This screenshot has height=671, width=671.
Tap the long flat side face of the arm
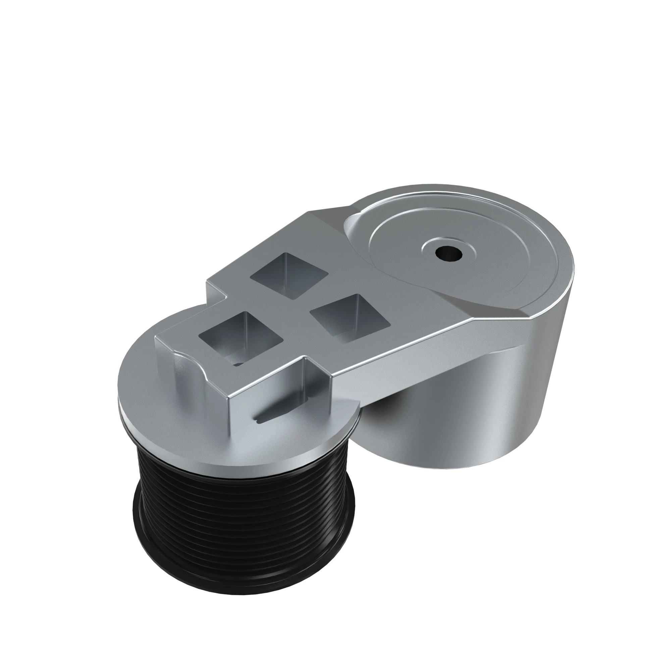point(417,347)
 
